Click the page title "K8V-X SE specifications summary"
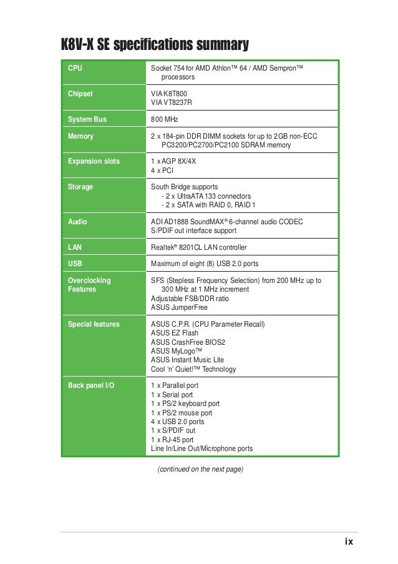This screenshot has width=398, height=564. (154, 46)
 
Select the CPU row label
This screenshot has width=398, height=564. (75, 67)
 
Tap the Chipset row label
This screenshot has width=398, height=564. (80, 94)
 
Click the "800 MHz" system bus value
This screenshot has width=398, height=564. (165, 119)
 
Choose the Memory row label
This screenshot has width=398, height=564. (80, 136)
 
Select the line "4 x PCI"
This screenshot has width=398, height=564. (163, 170)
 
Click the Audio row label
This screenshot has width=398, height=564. (77, 222)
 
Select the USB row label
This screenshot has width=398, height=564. (75, 264)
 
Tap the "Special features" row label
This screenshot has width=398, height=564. (94, 325)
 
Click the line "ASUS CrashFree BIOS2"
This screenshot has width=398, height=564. (188, 342)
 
